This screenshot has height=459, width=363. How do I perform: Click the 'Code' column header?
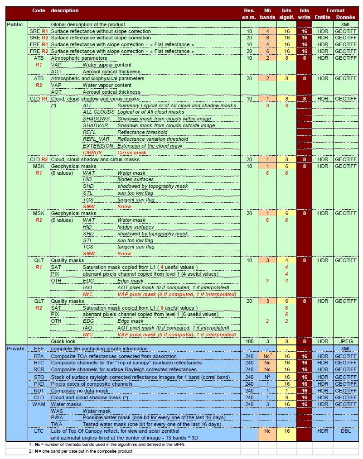click(39, 10)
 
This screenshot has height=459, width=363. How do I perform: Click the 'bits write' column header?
click(304, 14)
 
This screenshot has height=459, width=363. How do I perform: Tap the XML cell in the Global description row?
click(345, 24)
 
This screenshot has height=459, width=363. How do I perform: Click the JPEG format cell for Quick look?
click(345, 341)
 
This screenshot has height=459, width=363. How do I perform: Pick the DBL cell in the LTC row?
click(345, 431)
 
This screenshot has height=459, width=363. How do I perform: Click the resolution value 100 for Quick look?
click(249, 341)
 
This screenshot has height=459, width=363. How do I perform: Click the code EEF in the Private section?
click(39, 349)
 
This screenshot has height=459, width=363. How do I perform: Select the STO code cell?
click(39, 377)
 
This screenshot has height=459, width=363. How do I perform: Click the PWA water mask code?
click(57, 418)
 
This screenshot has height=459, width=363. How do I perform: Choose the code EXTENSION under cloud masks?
click(98, 146)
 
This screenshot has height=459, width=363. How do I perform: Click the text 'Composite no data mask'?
click(79, 390)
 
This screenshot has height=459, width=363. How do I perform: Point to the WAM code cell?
click(39, 404)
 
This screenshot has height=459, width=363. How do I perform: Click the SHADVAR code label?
click(95, 126)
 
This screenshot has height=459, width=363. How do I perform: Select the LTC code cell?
click(39, 431)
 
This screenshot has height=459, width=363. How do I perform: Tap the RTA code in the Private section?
click(39, 356)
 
